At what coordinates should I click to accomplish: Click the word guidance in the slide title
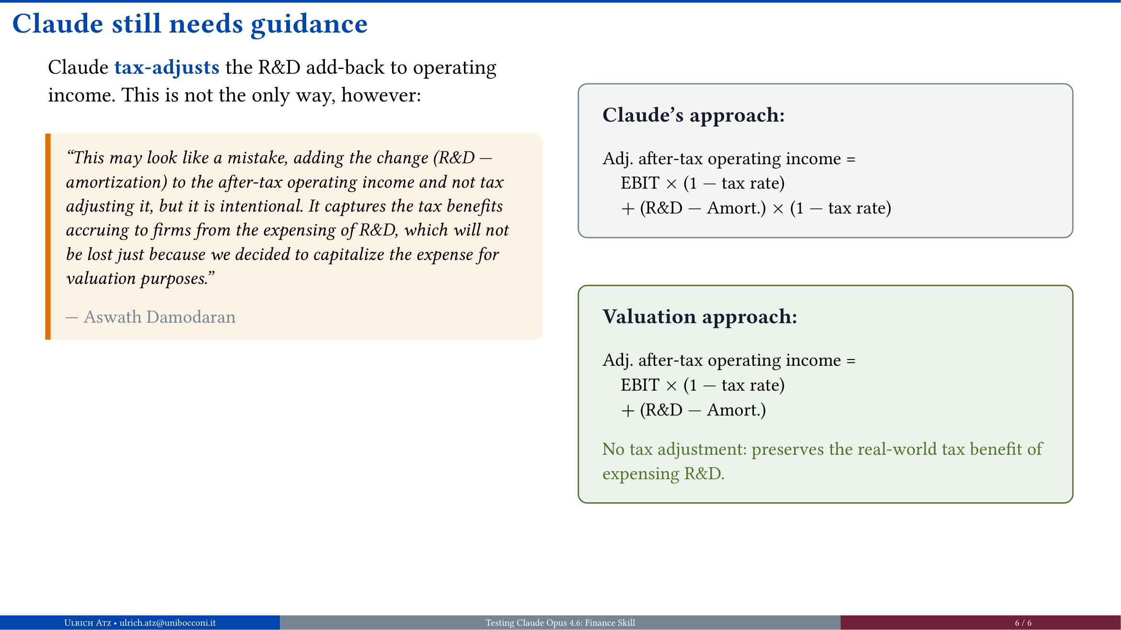(x=309, y=24)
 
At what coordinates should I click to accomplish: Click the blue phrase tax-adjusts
(x=167, y=67)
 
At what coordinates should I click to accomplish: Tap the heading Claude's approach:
(x=693, y=115)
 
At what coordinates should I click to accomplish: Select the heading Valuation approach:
(x=699, y=317)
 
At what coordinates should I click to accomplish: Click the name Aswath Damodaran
(x=160, y=317)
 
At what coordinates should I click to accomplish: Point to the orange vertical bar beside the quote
(x=48, y=236)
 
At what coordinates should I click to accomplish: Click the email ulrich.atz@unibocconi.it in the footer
(x=167, y=623)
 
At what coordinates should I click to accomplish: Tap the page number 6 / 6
(x=1023, y=623)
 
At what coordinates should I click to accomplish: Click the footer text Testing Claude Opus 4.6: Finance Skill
(x=560, y=623)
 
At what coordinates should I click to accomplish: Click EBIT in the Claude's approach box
(x=640, y=183)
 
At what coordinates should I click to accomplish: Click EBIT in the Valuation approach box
(x=640, y=385)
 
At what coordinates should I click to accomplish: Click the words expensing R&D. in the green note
(x=663, y=474)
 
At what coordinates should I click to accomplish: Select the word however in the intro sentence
(x=381, y=95)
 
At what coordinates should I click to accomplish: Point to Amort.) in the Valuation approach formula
(x=736, y=410)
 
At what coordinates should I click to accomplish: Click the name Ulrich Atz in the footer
(x=87, y=623)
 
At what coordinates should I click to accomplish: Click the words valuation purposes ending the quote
(x=139, y=279)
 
